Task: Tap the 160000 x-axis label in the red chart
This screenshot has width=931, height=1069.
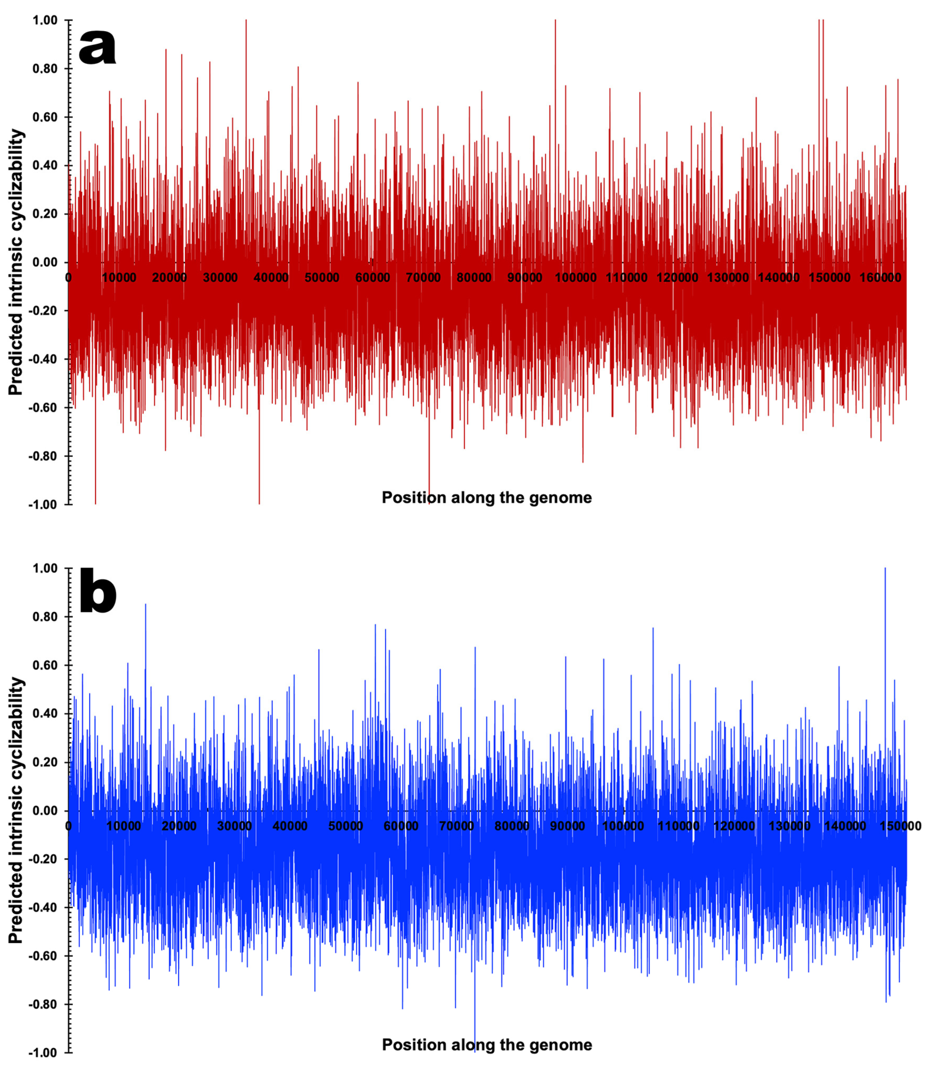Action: tap(880, 278)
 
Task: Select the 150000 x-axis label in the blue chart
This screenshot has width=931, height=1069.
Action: tap(900, 826)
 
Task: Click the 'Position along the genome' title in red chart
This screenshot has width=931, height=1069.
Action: tap(486, 498)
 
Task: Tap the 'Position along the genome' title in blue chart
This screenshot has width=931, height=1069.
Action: tap(486, 1045)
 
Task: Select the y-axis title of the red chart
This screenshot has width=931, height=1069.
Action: tap(16, 262)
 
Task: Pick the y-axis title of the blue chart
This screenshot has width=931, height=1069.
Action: tap(16, 810)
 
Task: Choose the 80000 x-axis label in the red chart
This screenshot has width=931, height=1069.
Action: tap(474, 278)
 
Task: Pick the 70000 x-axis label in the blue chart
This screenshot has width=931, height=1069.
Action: tap(456, 826)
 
